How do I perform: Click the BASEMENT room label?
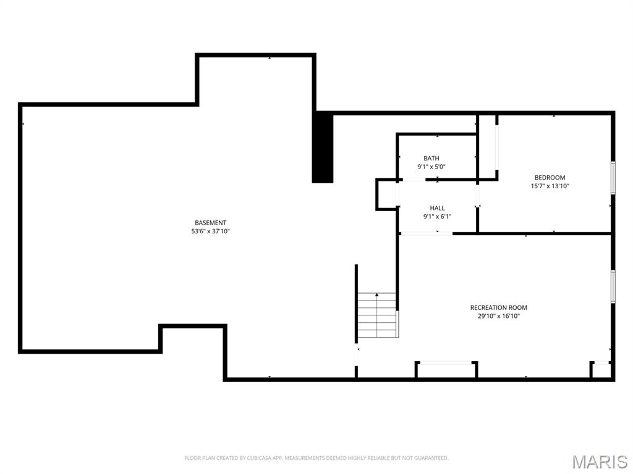[x=210, y=223]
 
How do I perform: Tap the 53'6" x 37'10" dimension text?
[x=210, y=231]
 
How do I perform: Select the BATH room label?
[x=431, y=159]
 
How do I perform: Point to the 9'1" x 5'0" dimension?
[x=431, y=167]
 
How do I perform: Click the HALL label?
[x=437, y=209]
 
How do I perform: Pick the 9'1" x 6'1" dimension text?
[x=437, y=217]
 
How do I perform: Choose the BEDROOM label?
[x=550, y=178]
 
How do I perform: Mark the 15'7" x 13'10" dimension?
[x=550, y=186]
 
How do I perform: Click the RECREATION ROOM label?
[x=498, y=307]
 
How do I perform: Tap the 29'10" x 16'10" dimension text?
[x=498, y=316]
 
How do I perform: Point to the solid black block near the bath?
[x=323, y=148]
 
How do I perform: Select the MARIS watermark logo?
[x=599, y=462]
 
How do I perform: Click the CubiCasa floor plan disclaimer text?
[x=316, y=458]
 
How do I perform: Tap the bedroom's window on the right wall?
[x=613, y=178]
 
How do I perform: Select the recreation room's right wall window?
[x=613, y=286]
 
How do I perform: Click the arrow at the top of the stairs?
[x=377, y=296]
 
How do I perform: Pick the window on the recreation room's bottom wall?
[x=446, y=363]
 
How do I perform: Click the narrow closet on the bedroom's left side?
[x=487, y=147]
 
